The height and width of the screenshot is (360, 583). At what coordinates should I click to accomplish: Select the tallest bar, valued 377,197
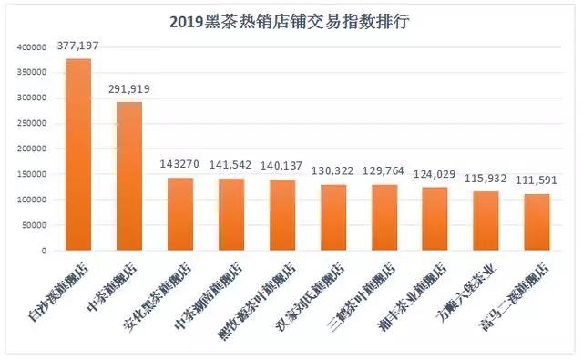79,155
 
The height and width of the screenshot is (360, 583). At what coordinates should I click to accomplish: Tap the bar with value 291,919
128,176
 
